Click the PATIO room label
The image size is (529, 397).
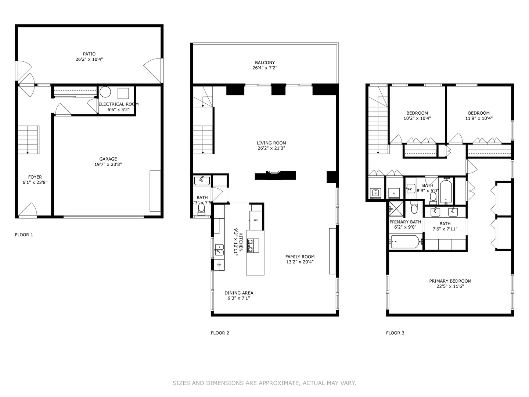click(89, 54)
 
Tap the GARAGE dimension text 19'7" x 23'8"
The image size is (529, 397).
click(108, 165)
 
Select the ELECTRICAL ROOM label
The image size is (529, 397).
click(118, 104)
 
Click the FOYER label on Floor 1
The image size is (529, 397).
click(35, 177)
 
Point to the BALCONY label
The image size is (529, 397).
click(264, 63)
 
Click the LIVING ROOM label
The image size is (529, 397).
click(271, 143)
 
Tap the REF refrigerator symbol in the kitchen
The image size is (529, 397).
click(256, 220)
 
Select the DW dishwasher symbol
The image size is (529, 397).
click(219, 265)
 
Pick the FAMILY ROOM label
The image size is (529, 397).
click(300, 257)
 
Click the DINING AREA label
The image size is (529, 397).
click(239, 293)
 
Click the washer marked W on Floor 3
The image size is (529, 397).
click(375, 193)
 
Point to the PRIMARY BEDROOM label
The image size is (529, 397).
click(450, 281)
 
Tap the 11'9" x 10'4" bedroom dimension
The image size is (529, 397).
click(479, 118)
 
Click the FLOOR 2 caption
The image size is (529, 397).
click(220, 333)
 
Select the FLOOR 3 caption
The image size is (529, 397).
click(395, 333)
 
